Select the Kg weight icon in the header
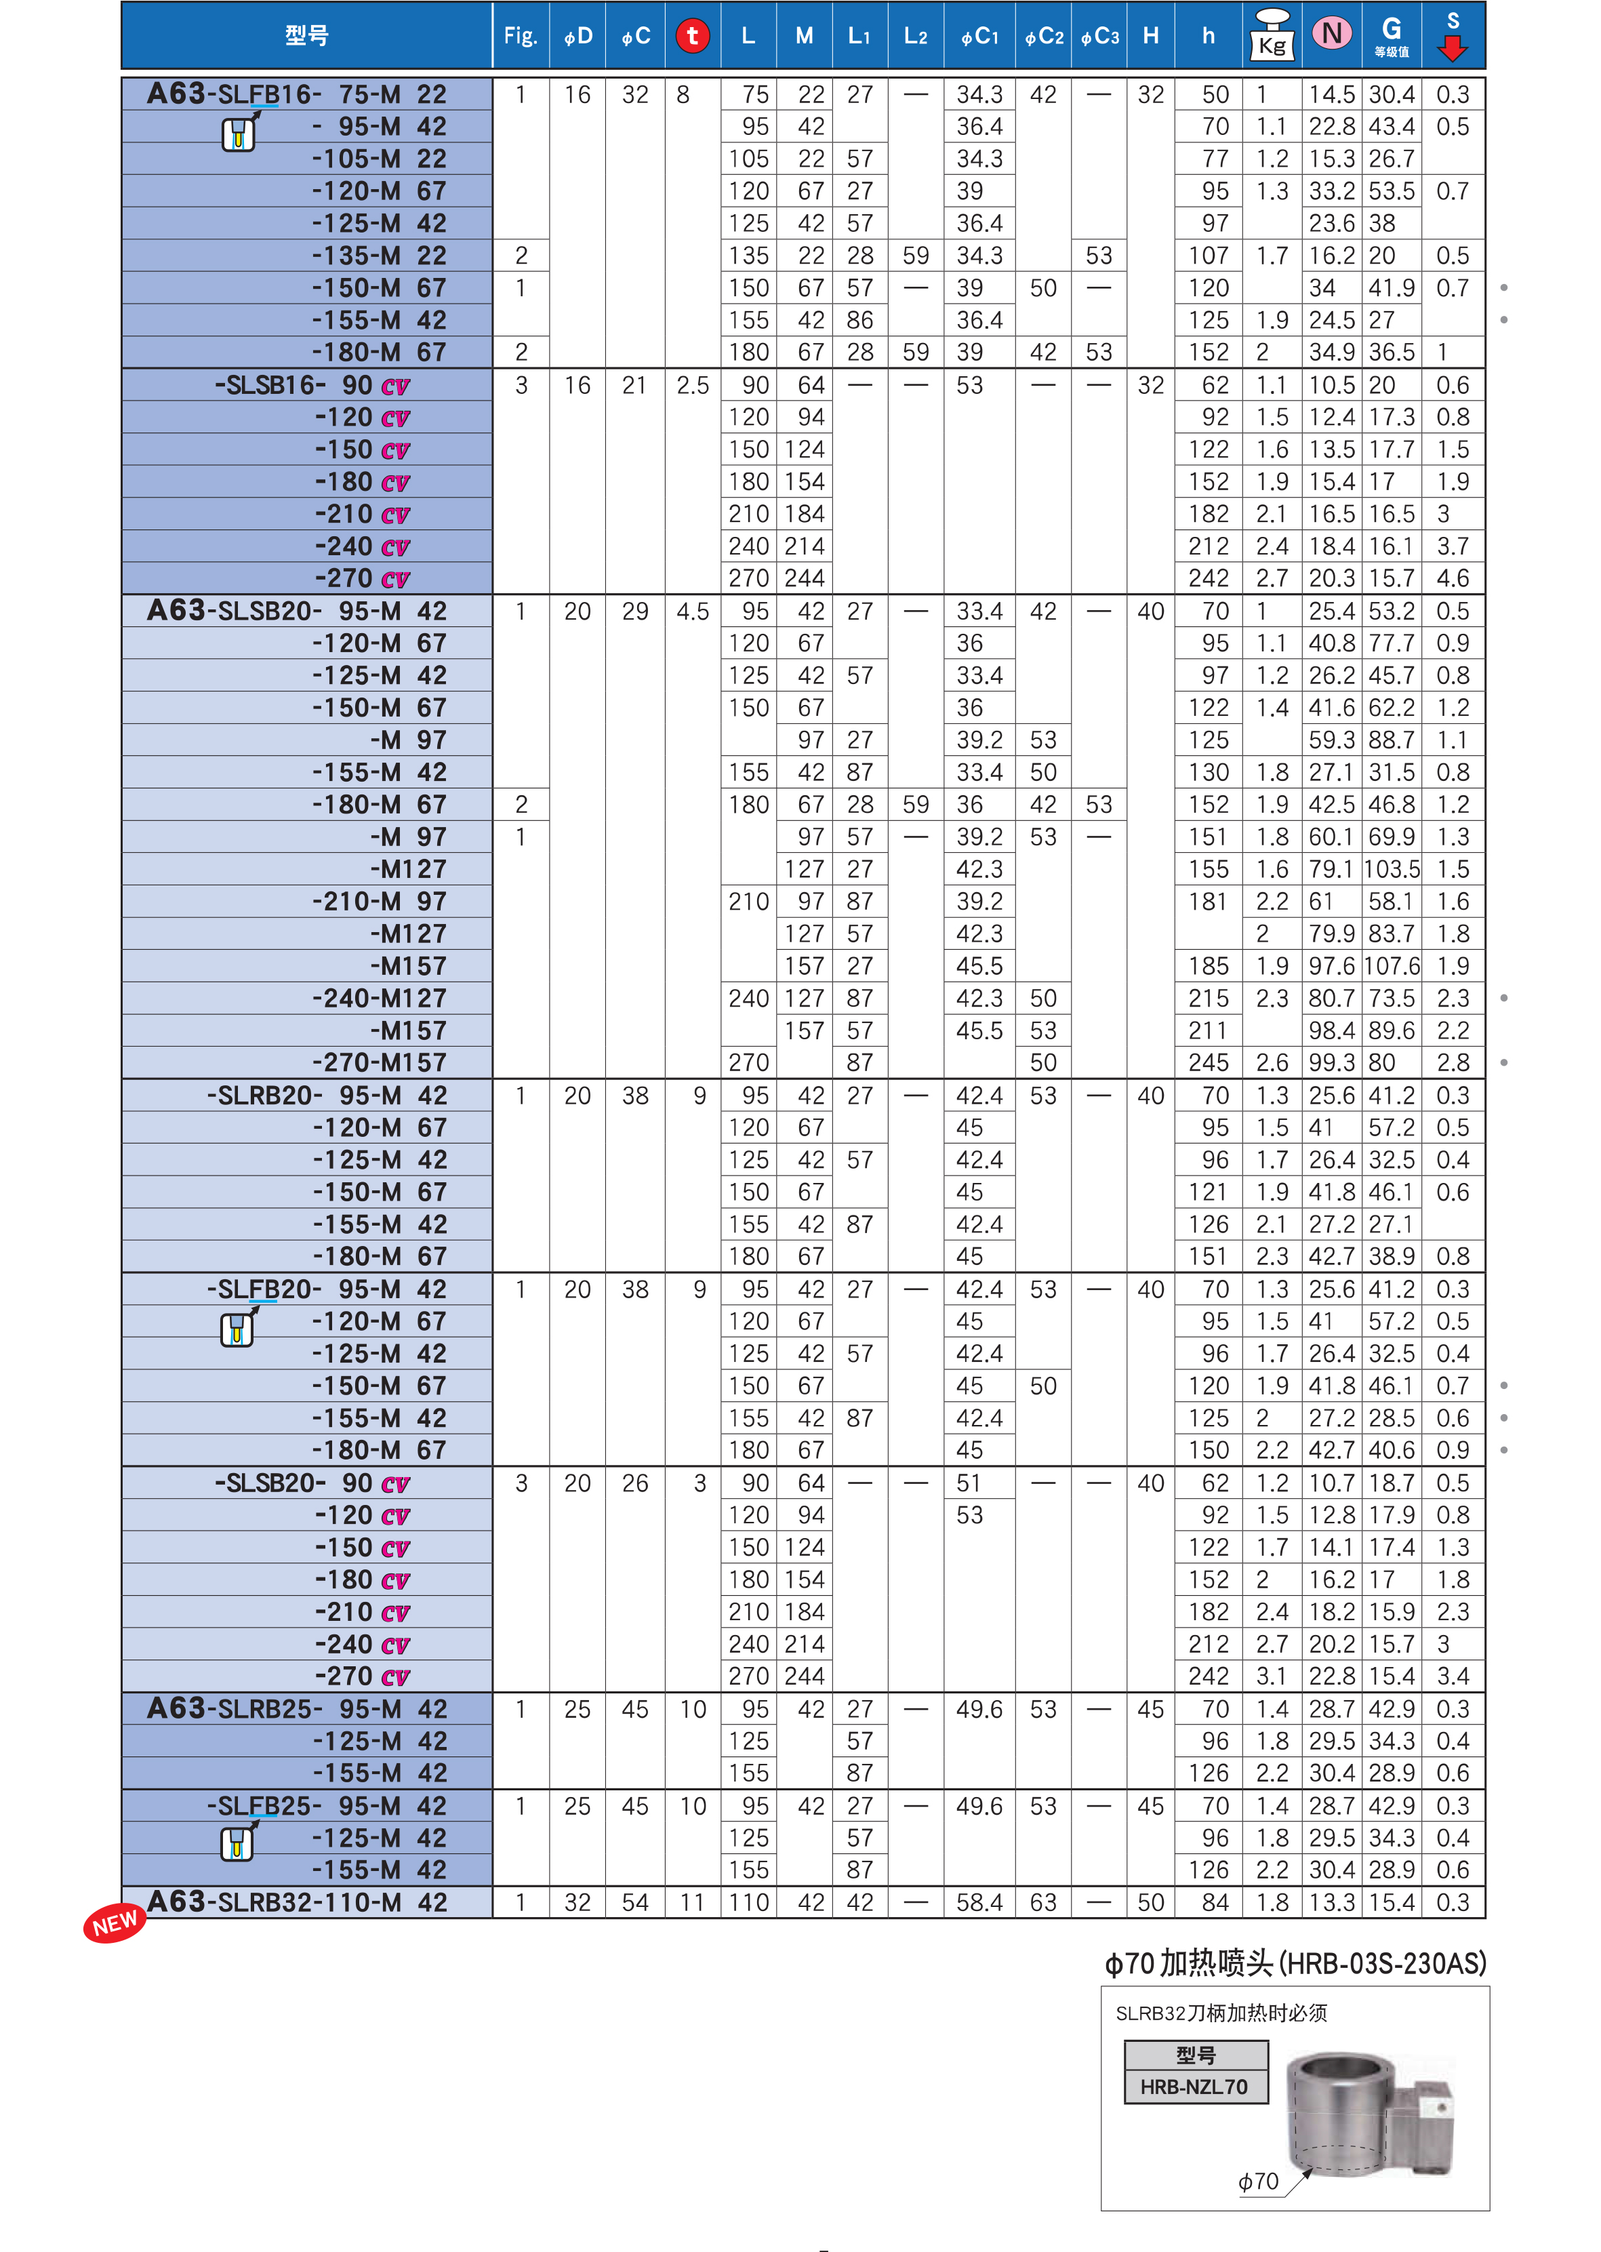[1272, 35]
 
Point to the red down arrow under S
[1452, 48]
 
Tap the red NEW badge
[115, 1923]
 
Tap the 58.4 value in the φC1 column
[979, 1902]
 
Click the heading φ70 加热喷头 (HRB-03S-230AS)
[1295, 1963]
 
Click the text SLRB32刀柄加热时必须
[1221, 2013]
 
